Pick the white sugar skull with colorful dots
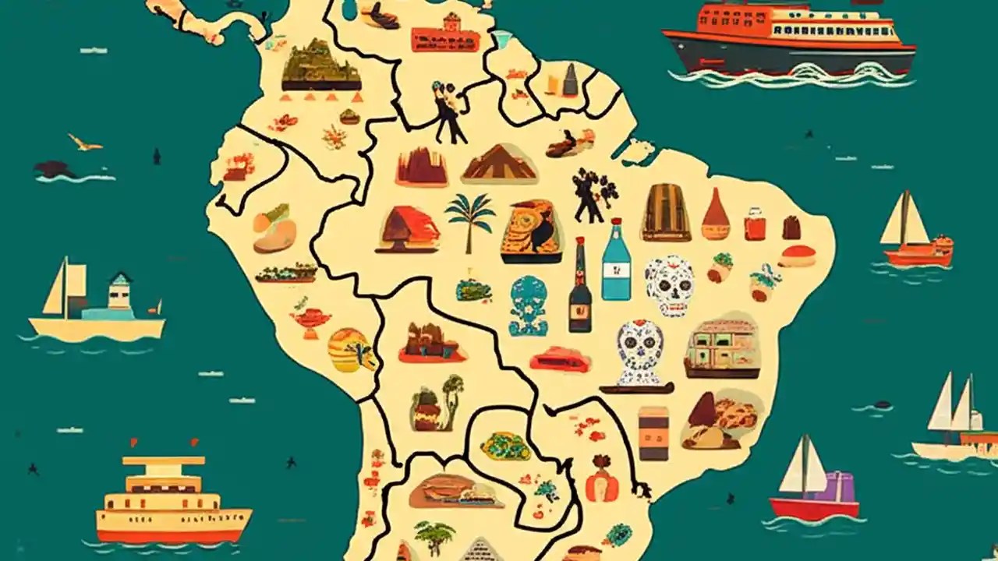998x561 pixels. [x=669, y=284]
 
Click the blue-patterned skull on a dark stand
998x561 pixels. [x=639, y=355]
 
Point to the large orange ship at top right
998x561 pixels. [x=788, y=38]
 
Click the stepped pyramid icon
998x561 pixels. [x=500, y=164]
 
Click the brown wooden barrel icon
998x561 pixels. [x=666, y=212]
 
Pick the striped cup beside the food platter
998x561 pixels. [x=653, y=432]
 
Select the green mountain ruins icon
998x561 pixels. [x=320, y=67]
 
